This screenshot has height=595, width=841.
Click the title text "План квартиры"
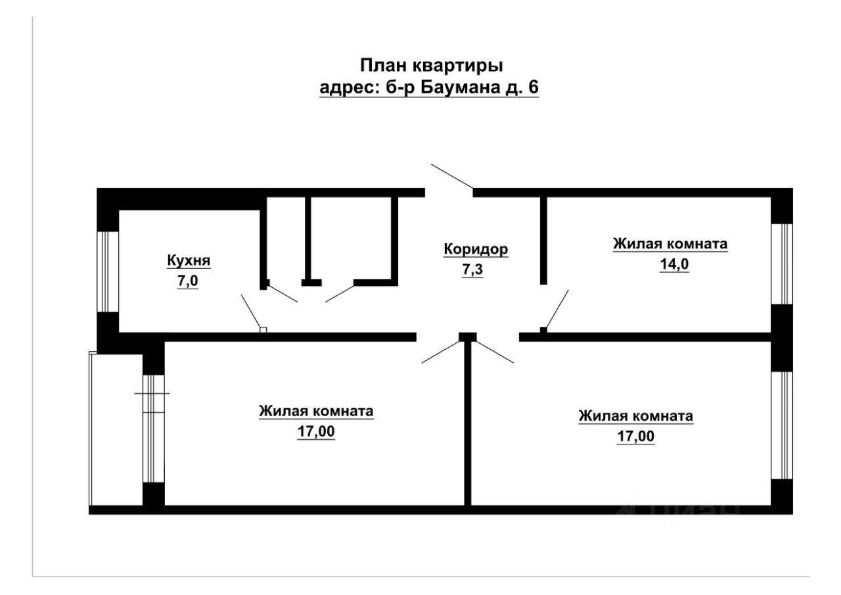[x=431, y=66]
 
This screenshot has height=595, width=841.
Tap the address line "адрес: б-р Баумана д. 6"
[x=428, y=87]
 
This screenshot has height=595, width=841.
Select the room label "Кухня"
[x=188, y=261]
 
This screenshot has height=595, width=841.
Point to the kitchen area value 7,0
[x=187, y=282]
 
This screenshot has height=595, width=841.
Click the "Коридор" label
[x=476, y=249]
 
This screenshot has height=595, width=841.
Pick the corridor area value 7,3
[x=472, y=270]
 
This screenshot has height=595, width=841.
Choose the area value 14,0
[x=670, y=265]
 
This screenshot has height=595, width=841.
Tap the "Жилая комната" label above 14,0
[x=670, y=244]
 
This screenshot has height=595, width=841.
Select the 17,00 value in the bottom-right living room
[x=635, y=437]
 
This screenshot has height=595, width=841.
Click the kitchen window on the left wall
[x=107, y=271]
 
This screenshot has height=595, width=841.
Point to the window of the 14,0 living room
[x=782, y=264]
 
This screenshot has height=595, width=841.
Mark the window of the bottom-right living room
[x=782, y=425]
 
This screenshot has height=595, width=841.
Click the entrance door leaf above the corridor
[x=451, y=176]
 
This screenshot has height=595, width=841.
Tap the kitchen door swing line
[x=250, y=311]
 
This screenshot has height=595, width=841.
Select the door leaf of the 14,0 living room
[x=557, y=308]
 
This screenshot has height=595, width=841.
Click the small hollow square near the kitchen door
[x=263, y=329]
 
